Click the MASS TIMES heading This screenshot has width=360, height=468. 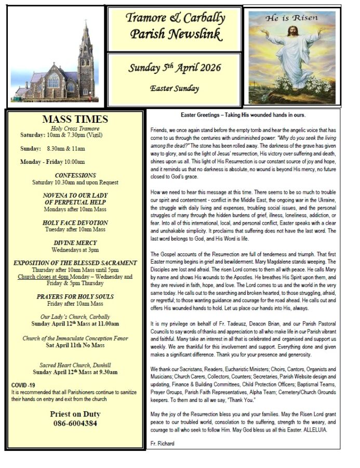(x=75, y=119)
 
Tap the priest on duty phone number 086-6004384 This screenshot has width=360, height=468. (x=75, y=423)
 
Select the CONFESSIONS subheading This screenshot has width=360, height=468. (x=75, y=175)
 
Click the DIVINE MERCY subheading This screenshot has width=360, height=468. (x=75, y=243)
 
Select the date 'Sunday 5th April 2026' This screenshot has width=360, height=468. (x=175, y=68)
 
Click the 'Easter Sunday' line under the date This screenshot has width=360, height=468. (x=175, y=88)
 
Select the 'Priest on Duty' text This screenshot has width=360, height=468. (x=75, y=414)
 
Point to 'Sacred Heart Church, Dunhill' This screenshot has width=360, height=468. (x=75, y=365)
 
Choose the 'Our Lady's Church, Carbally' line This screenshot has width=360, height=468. (x=75, y=316)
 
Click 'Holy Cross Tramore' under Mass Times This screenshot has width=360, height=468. (x=75, y=128)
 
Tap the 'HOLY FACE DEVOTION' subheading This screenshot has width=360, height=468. (x=75, y=223)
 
